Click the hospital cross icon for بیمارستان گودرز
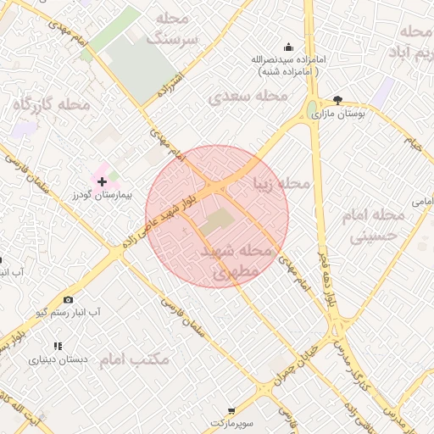(x=103, y=181)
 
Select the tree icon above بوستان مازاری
(x=338, y=100)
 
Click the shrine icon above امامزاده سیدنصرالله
(x=288, y=47)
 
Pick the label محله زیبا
(x=281, y=183)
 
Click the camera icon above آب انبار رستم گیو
(x=68, y=299)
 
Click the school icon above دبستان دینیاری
(x=58, y=346)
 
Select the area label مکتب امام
(x=135, y=359)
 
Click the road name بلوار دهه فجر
(x=325, y=281)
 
